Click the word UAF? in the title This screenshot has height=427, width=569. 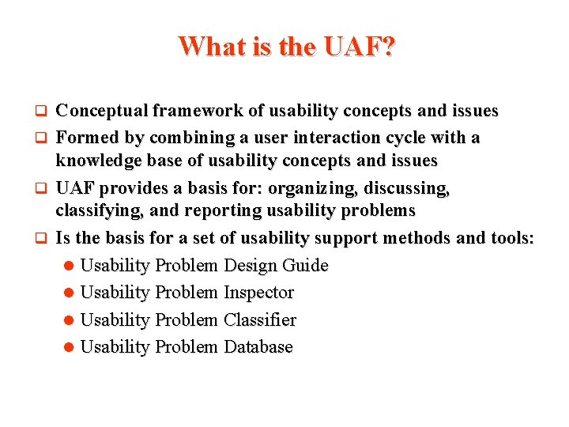click(358, 47)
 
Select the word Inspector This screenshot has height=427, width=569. click(258, 293)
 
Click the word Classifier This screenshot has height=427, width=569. click(260, 320)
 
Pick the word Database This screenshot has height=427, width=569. click(258, 347)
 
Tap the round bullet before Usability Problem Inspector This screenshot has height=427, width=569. click(70, 293)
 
